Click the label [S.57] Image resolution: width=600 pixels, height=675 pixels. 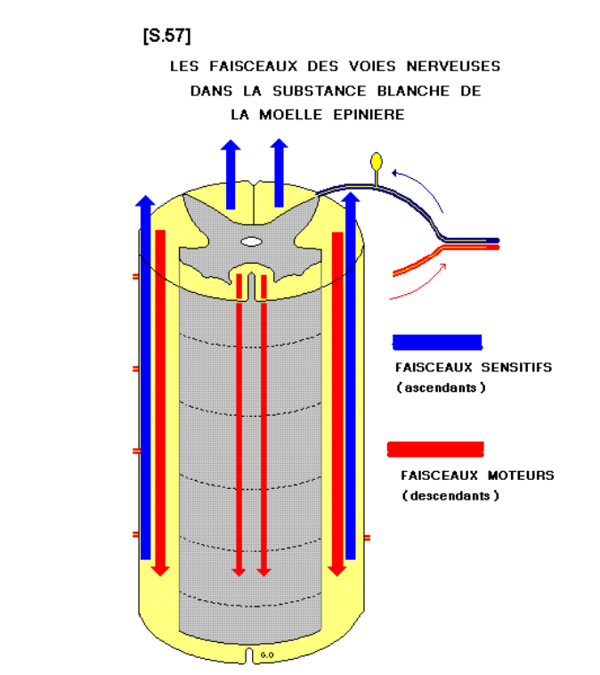point(166,36)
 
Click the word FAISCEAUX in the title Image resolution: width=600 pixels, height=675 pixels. point(245,67)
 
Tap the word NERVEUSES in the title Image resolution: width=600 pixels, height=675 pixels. point(457,67)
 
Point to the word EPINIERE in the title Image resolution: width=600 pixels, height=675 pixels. point(365,114)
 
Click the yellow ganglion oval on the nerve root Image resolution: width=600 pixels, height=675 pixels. point(377,161)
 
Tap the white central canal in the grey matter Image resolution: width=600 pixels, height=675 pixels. point(253,241)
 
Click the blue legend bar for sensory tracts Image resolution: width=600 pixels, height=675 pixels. point(437,343)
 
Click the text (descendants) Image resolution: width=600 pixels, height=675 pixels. point(450,496)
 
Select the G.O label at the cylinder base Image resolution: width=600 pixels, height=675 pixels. point(267,655)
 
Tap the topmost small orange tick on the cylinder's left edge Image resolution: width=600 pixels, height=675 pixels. point(135,277)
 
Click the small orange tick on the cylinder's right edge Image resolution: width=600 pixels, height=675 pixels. point(367,538)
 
